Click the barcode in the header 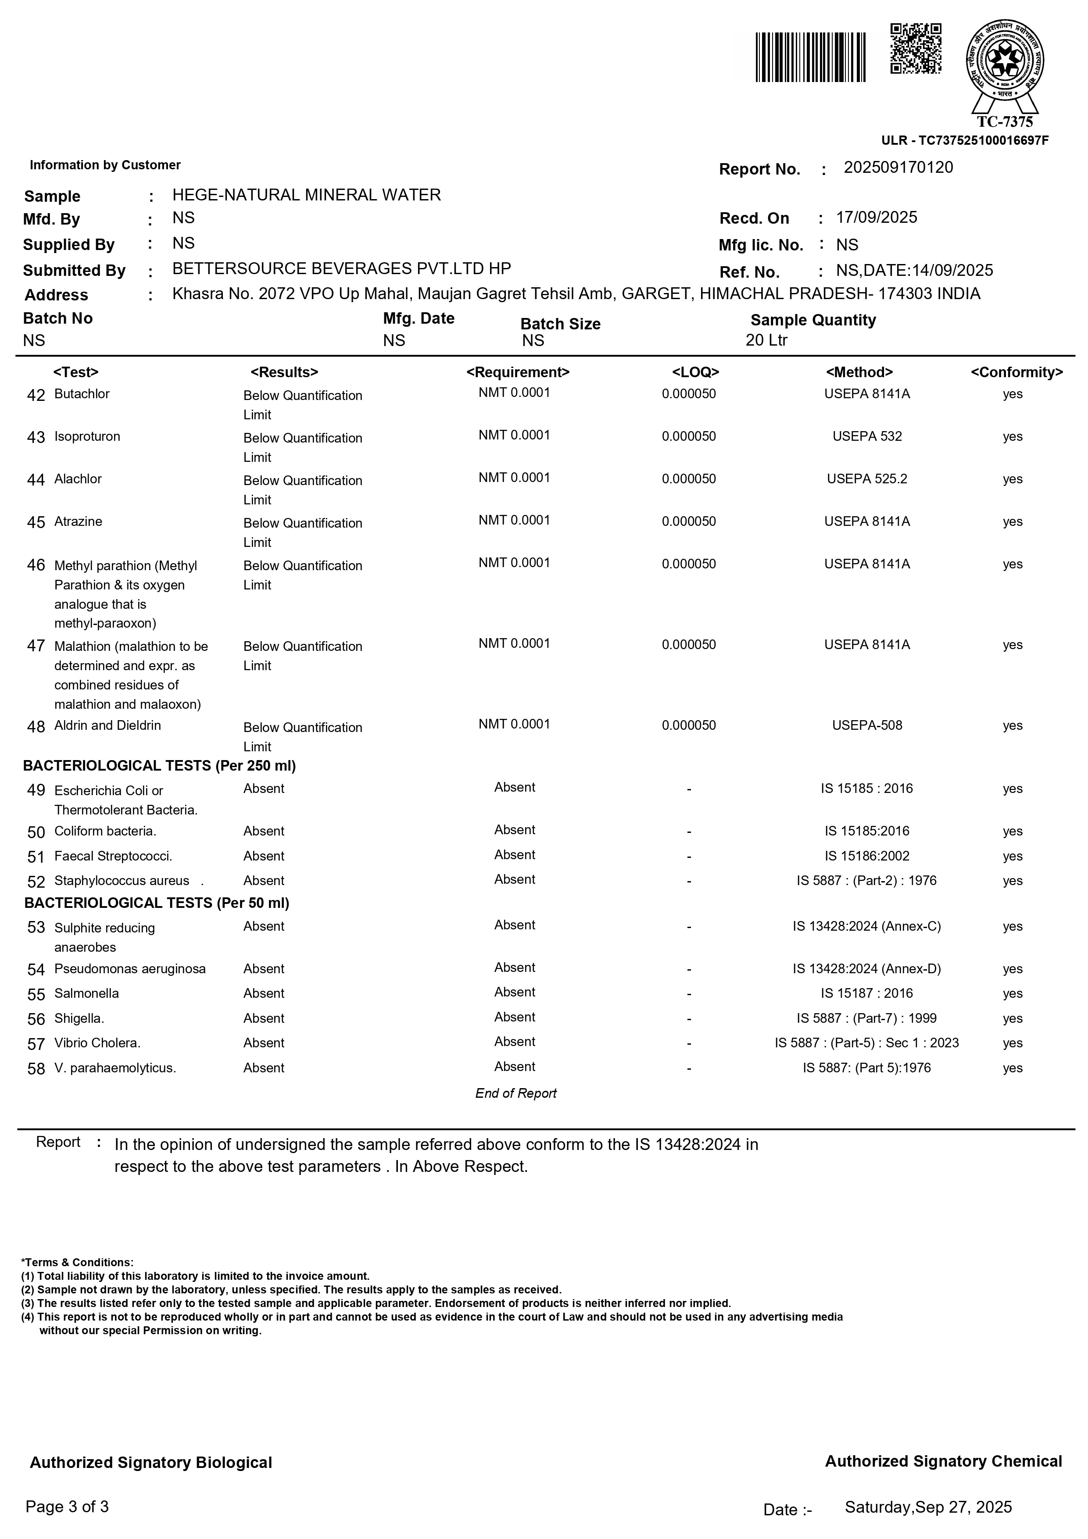pyautogui.click(x=810, y=57)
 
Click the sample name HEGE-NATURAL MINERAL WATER pyautogui.click(x=306, y=195)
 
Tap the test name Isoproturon pyautogui.click(x=87, y=436)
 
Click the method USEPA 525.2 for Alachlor pyautogui.click(x=867, y=479)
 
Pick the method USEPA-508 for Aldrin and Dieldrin pyautogui.click(x=867, y=725)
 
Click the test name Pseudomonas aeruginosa pyautogui.click(x=130, y=969)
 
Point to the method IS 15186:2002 pyautogui.click(x=867, y=856)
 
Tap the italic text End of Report pyautogui.click(x=515, y=1093)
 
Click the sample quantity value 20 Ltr pyautogui.click(x=766, y=340)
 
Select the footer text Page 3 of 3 pyautogui.click(x=67, y=1507)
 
